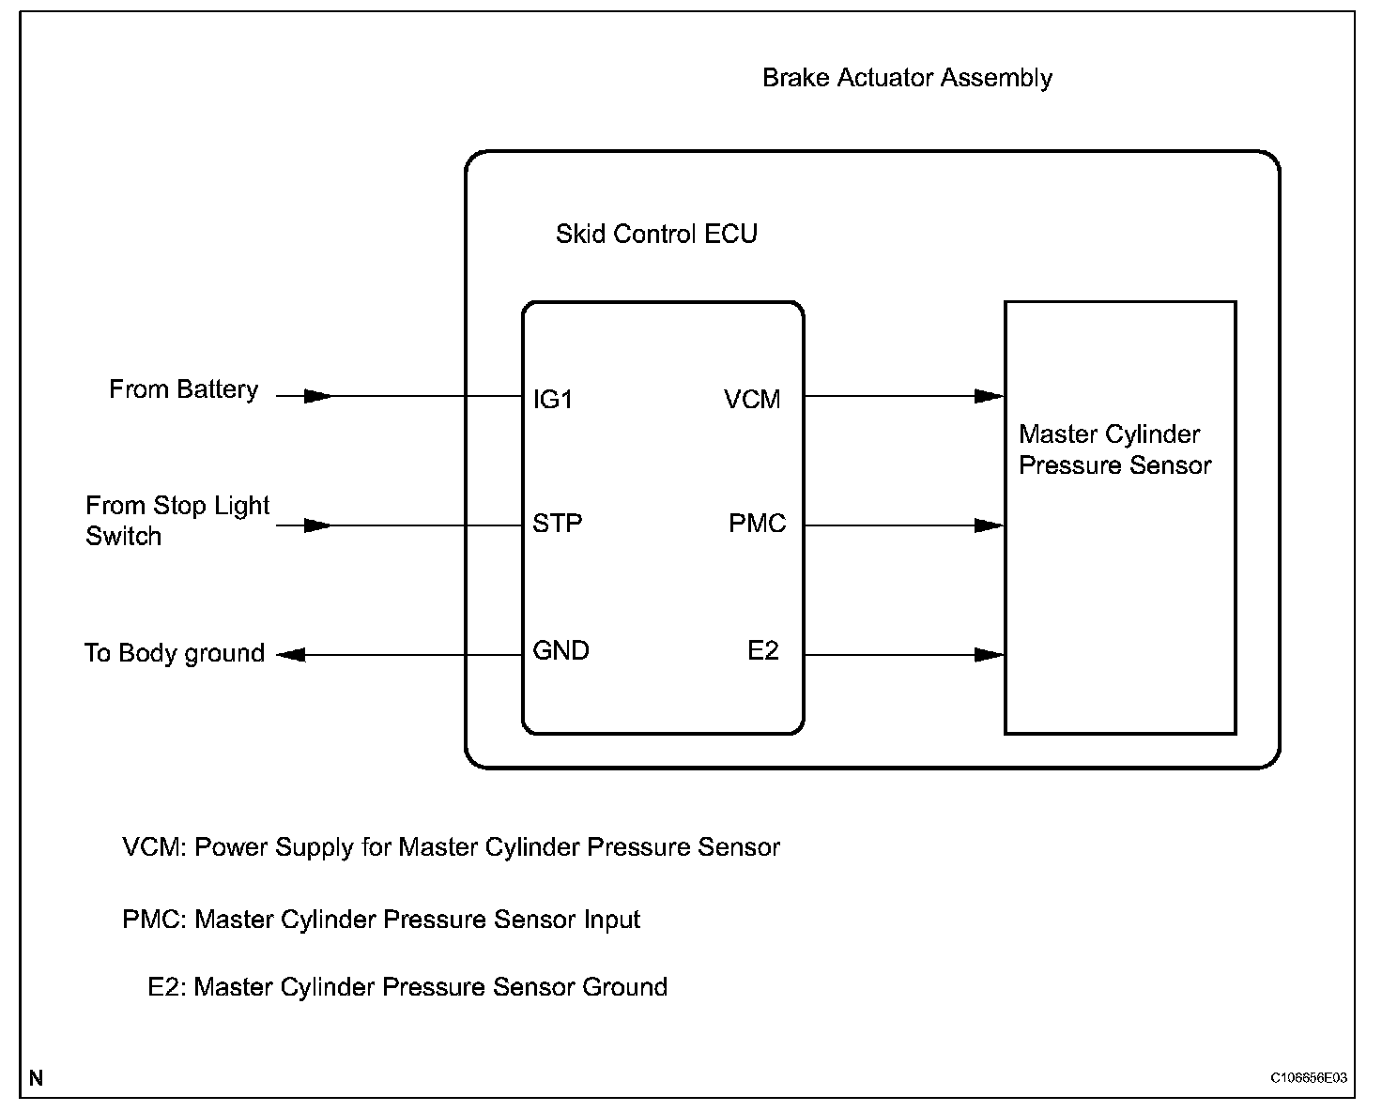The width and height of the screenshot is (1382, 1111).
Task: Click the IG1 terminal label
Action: tap(552, 400)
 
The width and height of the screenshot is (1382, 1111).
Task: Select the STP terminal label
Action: tap(557, 523)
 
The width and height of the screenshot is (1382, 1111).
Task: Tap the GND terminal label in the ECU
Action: tap(560, 650)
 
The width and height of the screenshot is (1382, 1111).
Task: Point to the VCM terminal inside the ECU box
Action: tap(752, 400)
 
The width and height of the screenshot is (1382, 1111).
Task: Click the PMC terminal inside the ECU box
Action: tap(757, 523)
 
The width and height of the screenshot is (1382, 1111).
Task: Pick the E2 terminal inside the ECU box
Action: tap(762, 650)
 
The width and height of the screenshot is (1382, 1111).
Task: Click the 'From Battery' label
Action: tap(183, 389)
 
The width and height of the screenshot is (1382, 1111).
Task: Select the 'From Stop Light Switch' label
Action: tap(177, 521)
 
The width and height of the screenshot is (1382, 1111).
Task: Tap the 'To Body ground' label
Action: tap(175, 653)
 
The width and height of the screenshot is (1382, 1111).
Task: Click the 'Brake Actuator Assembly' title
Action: tap(907, 78)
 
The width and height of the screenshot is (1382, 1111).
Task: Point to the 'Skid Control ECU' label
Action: tap(656, 234)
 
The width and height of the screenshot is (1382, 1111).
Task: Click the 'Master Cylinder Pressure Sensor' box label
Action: tap(1114, 449)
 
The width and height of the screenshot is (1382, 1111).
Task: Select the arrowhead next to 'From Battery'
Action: tap(317, 396)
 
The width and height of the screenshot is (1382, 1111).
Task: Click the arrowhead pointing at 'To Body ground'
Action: tap(292, 654)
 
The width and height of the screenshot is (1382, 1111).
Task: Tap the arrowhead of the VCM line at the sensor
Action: tap(989, 396)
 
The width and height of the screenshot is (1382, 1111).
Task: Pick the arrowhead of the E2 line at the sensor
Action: tap(989, 654)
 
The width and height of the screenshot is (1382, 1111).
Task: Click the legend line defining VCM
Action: tap(451, 847)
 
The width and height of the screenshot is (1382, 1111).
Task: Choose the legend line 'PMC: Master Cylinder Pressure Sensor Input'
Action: tap(381, 920)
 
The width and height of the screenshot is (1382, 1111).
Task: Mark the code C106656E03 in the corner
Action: tap(1309, 1078)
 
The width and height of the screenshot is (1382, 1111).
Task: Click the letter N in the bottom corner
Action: tap(36, 1078)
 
